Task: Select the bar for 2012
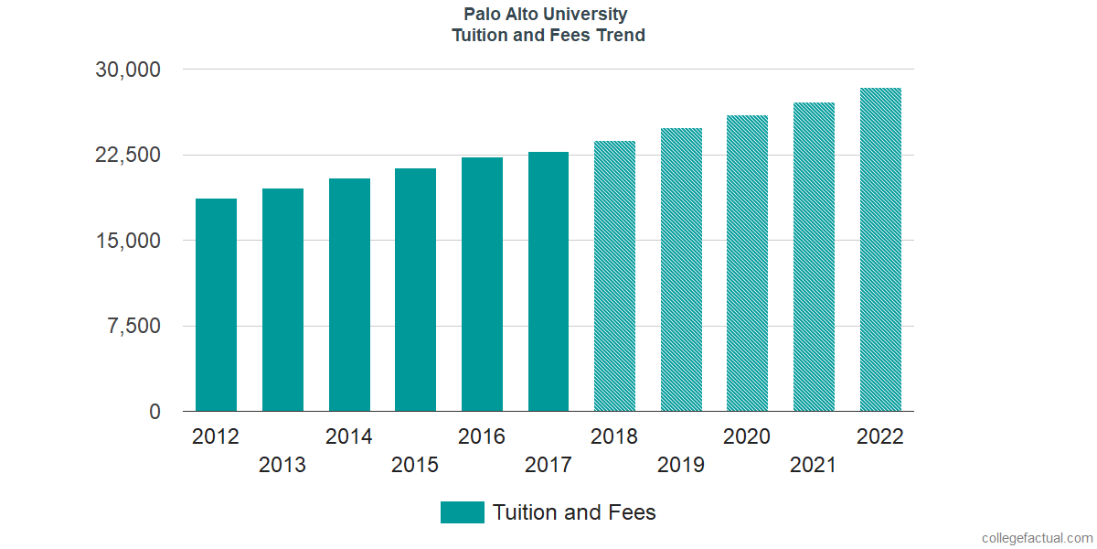(216, 305)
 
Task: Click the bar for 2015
(415, 290)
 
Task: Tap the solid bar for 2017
(548, 282)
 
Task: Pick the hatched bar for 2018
(614, 276)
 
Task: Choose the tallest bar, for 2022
(880, 250)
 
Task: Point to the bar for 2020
(747, 264)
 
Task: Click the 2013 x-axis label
(282, 465)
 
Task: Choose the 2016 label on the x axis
(482, 436)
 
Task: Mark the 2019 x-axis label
(681, 465)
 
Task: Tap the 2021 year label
(814, 465)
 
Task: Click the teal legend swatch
(462, 512)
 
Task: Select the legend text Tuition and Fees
(574, 512)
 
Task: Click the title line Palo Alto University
(547, 15)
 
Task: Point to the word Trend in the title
(623, 36)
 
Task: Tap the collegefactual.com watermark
(1037, 538)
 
